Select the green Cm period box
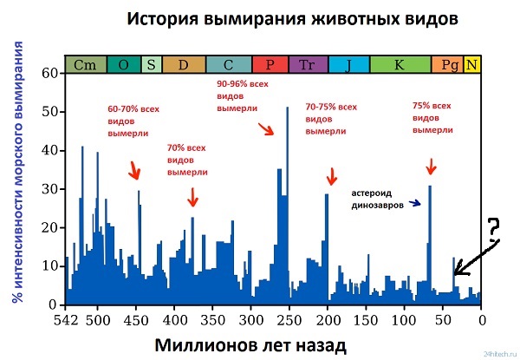coord(85,65)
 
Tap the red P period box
coord(270,65)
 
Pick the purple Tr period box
coord(307,65)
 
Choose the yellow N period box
coord(472,65)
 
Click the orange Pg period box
coord(450,65)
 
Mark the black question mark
coord(492,227)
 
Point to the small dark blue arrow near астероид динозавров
coord(416,205)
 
